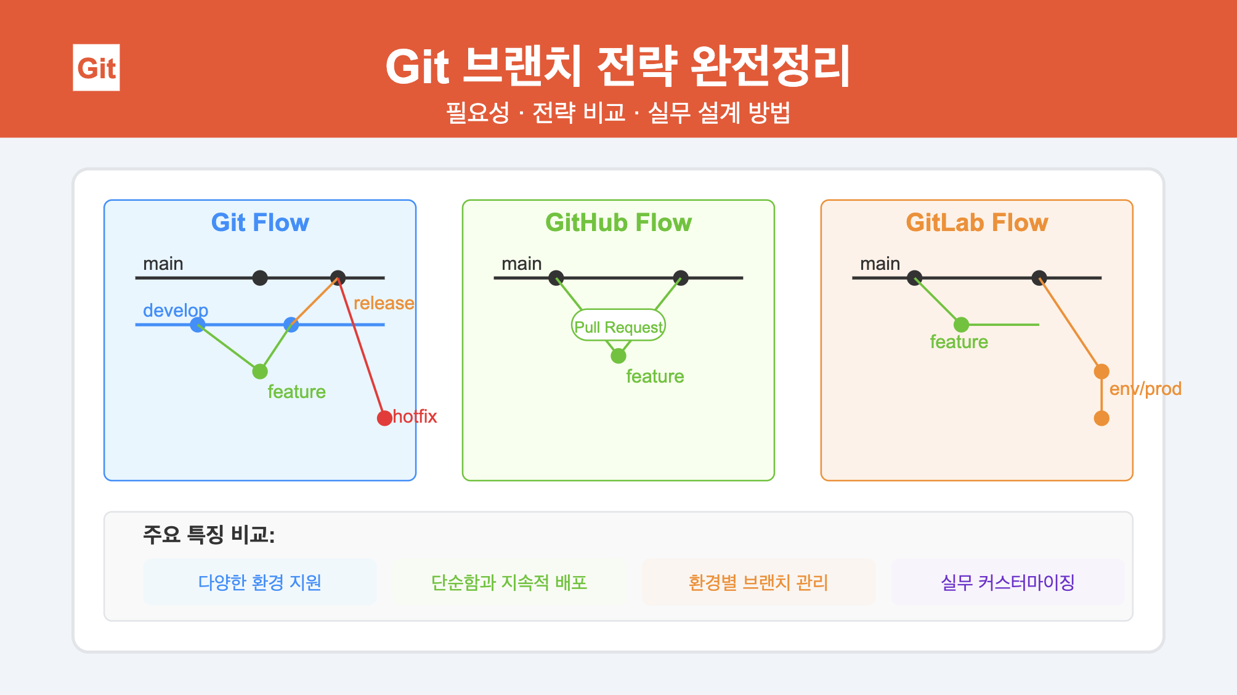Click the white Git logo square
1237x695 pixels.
pos(96,68)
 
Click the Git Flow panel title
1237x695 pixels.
pos(260,222)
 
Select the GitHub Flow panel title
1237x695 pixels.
pos(618,222)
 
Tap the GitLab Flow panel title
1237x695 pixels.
pos(976,222)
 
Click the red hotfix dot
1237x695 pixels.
pos(384,418)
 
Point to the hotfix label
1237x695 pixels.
pos(415,417)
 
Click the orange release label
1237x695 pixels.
pos(383,303)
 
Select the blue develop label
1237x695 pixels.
pos(176,310)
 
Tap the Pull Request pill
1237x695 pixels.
pos(618,326)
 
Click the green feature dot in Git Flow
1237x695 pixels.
pos(260,372)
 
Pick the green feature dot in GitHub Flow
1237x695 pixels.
pos(618,356)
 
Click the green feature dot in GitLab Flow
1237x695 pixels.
pos(961,325)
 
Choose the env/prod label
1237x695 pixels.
pos(1145,389)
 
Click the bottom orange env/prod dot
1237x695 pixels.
pos(1101,418)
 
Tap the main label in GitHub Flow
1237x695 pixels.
pos(521,264)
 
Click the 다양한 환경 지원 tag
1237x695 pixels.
pos(260,582)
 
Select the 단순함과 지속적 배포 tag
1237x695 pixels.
pos(509,582)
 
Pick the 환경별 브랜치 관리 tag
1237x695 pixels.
pos(758,582)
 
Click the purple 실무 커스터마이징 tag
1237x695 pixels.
pos(1008,582)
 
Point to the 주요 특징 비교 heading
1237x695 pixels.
pos(209,534)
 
